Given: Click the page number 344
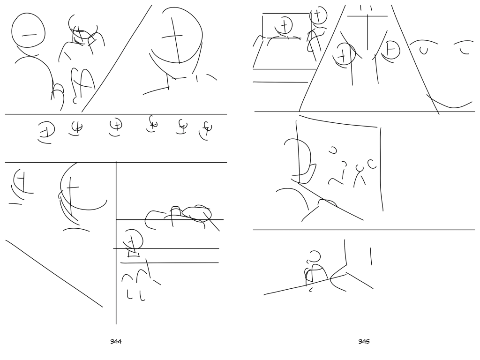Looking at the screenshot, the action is click(x=116, y=341).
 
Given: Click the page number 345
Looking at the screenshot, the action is click(x=364, y=341).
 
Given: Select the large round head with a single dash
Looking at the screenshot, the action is click(x=29, y=30).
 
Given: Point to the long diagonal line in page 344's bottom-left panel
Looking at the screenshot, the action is click(x=54, y=273).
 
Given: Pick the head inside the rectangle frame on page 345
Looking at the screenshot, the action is click(x=285, y=25).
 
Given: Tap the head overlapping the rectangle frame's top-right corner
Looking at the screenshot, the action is click(x=318, y=15).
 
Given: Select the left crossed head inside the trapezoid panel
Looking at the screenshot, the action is click(x=346, y=53).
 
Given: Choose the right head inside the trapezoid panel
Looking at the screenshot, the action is click(x=391, y=50).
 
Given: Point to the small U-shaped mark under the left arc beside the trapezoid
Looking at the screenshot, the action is click(x=424, y=51).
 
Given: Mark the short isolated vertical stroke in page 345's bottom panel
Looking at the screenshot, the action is click(x=371, y=256).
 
